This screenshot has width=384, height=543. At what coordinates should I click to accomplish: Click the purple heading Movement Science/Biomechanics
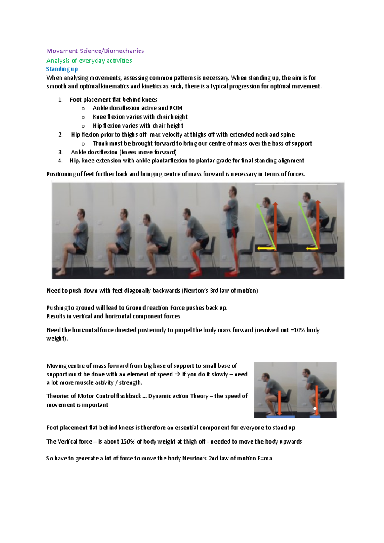pos(95,51)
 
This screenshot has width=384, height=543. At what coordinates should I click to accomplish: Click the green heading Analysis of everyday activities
pos(89,60)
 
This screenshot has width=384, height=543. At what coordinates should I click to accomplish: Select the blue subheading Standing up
pos(62,69)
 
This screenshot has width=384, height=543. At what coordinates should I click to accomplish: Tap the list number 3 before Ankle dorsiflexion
pos(60,152)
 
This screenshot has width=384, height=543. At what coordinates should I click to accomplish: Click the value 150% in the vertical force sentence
pos(128,442)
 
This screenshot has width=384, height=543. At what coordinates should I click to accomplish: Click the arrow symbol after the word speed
pos(178,374)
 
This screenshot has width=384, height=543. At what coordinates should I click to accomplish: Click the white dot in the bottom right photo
pos(315,409)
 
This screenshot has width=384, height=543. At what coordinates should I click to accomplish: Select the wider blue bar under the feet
pos(281,416)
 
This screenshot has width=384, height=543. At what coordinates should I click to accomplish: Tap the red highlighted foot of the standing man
pos(231,274)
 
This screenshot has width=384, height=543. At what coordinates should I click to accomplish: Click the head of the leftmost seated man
pos(81,214)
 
